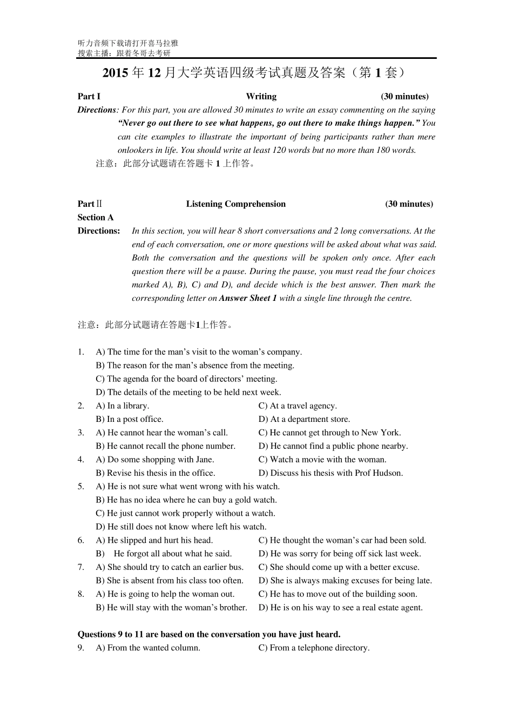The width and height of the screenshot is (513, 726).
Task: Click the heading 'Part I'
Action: coord(89,96)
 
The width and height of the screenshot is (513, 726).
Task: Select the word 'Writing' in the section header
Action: coord(261,96)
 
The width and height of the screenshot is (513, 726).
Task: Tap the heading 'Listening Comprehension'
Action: coord(235,204)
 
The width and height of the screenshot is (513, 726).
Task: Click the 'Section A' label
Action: coord(96,217)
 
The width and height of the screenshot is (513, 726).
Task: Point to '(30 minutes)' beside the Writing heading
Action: coord(404,96)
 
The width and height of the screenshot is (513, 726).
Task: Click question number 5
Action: coord(80,486)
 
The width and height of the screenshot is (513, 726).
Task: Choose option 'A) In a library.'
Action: coord(123,406)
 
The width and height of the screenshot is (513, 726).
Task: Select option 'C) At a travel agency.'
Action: coord(297,406)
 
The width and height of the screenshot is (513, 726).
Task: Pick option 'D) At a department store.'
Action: coord(304,419)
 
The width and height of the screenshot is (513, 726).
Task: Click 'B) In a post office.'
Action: coord(130,419)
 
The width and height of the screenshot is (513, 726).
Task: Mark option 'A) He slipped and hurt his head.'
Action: coord(154,540)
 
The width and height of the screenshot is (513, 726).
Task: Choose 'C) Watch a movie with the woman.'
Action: coord(322,460)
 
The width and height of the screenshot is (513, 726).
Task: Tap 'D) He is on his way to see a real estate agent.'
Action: coord(340,608)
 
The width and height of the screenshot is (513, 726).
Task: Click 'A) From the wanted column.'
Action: coord(148,648)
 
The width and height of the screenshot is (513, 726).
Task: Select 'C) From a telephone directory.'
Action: coord(314,648)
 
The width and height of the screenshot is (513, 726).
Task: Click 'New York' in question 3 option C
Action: coord(381,433)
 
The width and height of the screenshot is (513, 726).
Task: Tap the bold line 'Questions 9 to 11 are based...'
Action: coord(209,634)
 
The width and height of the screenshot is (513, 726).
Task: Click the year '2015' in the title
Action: coord(115,73)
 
